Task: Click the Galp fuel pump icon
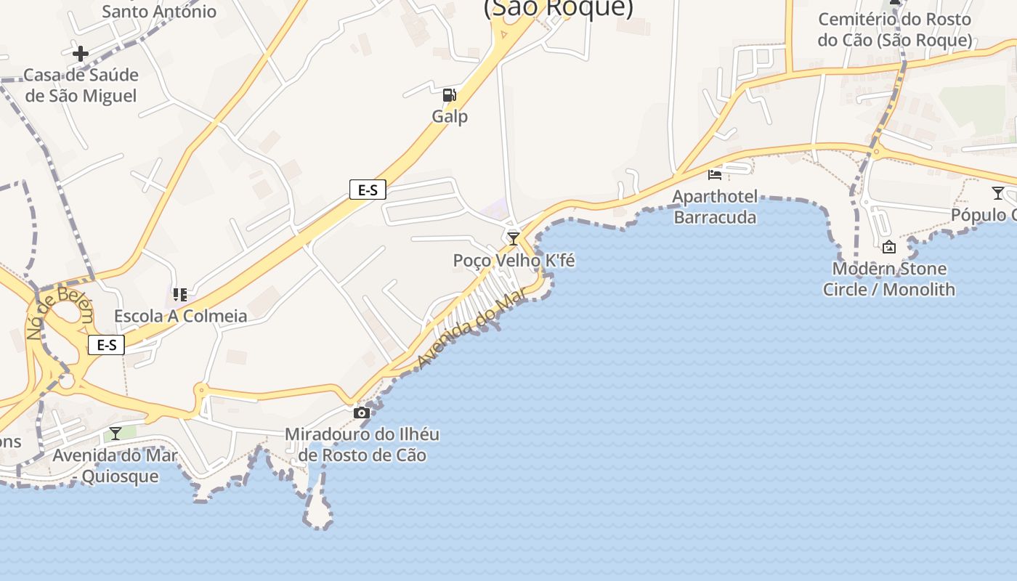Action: click(450, 95)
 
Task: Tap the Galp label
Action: click(450, 116)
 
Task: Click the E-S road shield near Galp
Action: click(368, 190)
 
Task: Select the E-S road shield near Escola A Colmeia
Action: click(106, 345)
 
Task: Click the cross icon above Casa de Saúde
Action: click(81, 53)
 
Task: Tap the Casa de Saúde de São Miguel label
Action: click(81, 86)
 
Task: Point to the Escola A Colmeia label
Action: click(180, 317)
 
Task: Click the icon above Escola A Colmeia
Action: click(180, 295)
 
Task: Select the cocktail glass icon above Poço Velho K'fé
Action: click(514, 239)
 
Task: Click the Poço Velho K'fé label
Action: click(514, 260)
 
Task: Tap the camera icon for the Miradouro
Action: click(361, 413)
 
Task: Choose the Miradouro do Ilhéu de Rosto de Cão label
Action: click(362, 444)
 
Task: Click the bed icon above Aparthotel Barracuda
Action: click(715, 175)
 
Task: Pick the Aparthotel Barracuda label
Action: click(715, 207)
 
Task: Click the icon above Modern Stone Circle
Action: click(888, 248)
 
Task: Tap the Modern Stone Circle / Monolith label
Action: click(888, 279)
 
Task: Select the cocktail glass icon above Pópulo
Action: click(998, 193)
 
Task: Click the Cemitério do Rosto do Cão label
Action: click(894, 30)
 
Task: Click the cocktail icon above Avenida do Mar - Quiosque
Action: click(116, 434)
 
